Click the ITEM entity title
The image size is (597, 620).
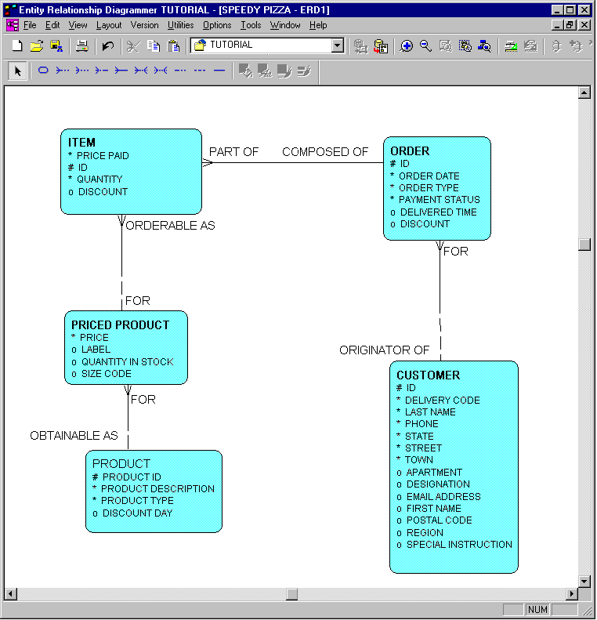pos(81,143)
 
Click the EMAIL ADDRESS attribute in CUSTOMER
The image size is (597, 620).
pos(443,497)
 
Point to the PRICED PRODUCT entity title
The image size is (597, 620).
pos(120,325)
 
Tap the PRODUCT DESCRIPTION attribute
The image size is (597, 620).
pos(157,489)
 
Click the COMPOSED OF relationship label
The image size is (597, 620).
pos(325,152)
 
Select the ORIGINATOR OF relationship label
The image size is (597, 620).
pos(384,350)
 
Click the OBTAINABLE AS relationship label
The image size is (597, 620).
pos(74,436)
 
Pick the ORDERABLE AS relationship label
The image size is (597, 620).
pos(170,226)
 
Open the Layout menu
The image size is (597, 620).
pos(109,25)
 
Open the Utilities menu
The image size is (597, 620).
pos(181,25)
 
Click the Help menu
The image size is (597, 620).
pos(318,25)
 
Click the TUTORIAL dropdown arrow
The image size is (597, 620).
pos(338,46)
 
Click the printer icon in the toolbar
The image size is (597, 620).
pos(81,46)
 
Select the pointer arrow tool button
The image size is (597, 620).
pos(17,71)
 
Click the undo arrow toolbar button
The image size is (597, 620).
pos(108,46)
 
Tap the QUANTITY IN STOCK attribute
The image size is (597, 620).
pos(127,362)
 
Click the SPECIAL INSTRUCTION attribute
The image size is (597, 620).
pos(459,545)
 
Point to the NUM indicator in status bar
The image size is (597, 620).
pos(537,610)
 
